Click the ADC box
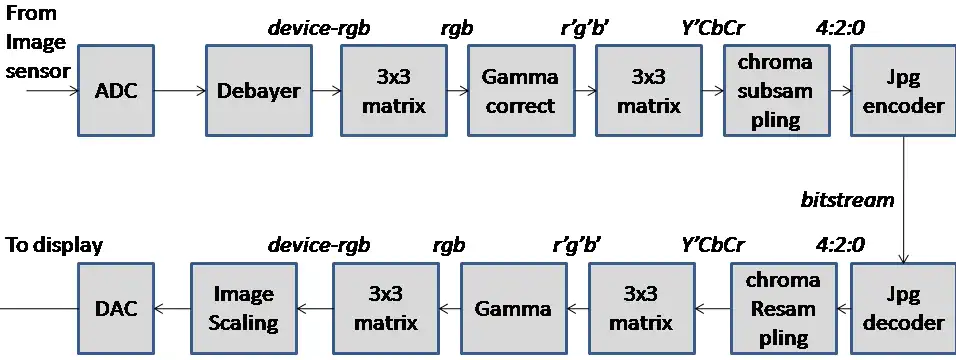[x=116, y=90]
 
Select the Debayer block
[x=259, y=90]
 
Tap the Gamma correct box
[x=521, y=90]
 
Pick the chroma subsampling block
[x=776, y=90]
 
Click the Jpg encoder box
[x=903, y=90]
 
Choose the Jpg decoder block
[x=903, y=308]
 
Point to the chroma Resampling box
[x=783, y=308]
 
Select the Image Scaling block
[x=243, y=308]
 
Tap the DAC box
[x=116, y=308]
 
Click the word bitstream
[x=847, y=200]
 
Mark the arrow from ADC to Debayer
[x=180, y=91]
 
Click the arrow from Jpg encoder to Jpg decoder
[x=903, y=200]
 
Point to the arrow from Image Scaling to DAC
[x=173, y=309]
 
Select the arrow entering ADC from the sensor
[x=52, y=91]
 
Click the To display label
[x=54, y=245]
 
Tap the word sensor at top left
[x=37, y=71]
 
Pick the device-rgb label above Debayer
[x=319, y=28]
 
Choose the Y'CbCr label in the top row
[x=712, y=28]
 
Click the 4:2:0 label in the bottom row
[x=840, y=245]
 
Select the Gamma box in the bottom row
[x=513, y=308]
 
